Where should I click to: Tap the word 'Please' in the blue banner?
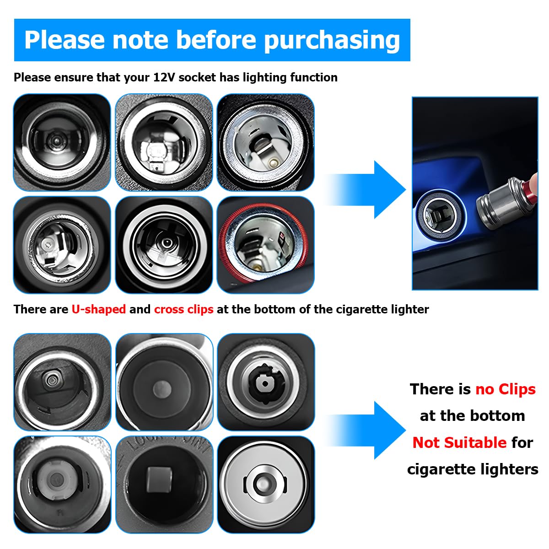65,40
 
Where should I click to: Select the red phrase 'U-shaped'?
98,309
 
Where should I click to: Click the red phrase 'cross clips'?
183,309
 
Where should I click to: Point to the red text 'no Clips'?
505,389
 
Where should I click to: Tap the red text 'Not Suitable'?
459,442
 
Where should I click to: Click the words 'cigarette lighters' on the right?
473,469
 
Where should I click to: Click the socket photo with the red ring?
265,245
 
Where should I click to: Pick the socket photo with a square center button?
164,484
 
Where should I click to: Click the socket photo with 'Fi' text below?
62,484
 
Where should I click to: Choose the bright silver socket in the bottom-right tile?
265,484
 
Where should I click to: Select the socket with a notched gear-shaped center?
265,382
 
